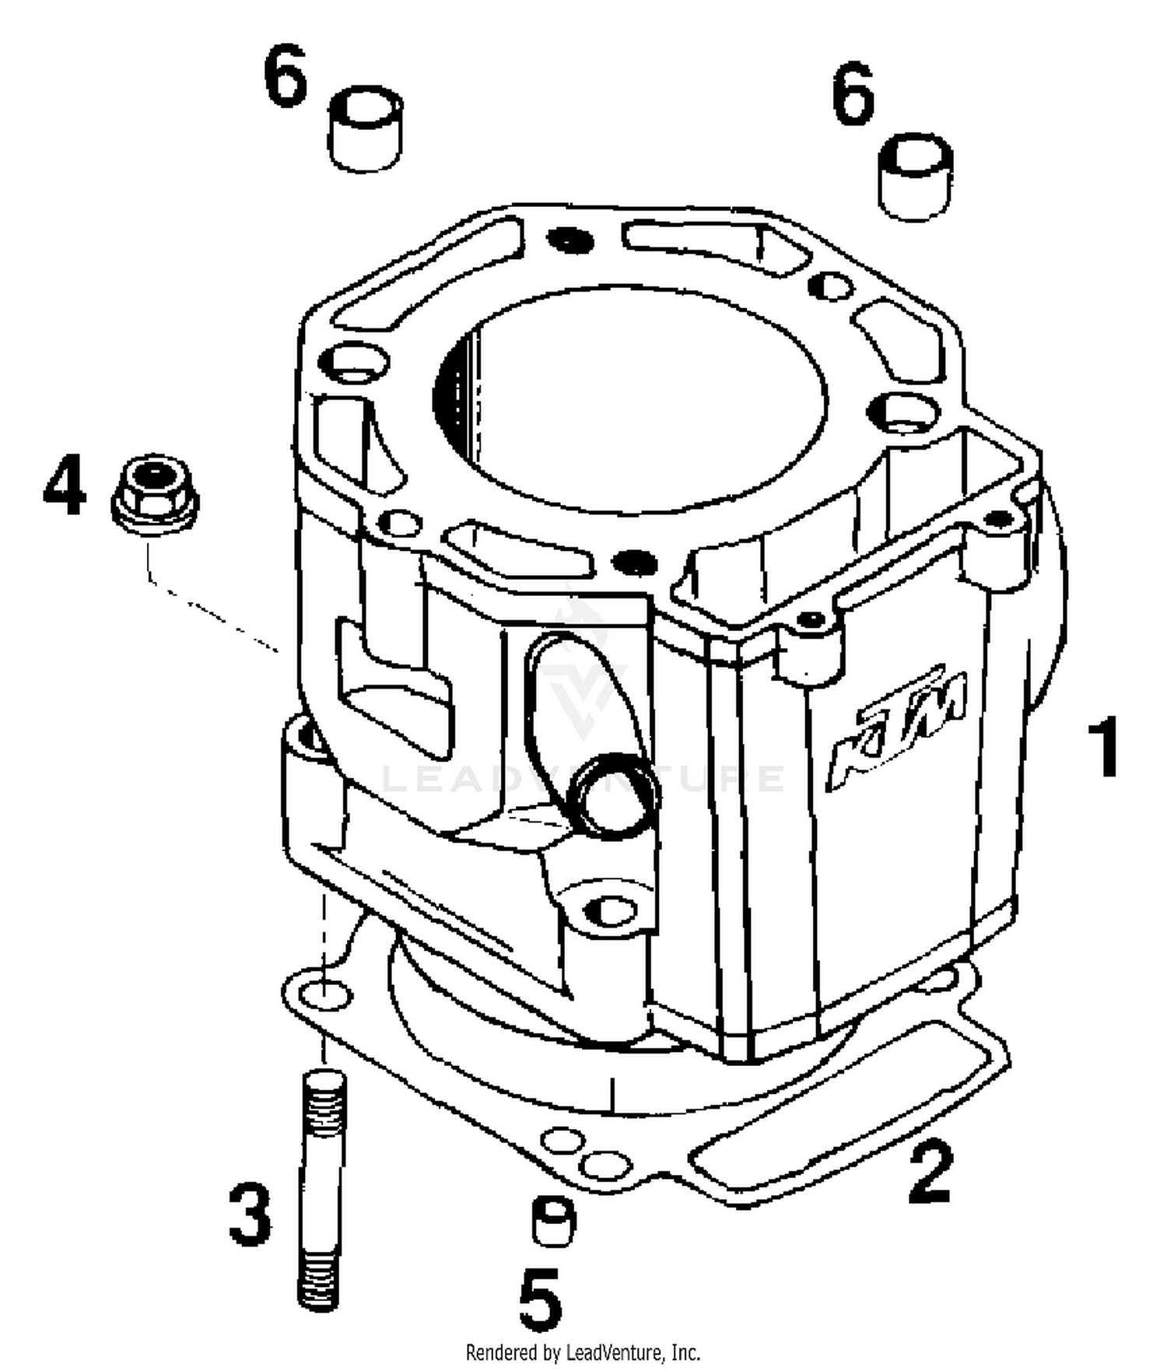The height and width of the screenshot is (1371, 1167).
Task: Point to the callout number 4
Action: coord(65,486)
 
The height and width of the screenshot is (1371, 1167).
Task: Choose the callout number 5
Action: coord(540,1299)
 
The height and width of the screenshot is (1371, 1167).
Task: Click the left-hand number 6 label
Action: coord(286,75)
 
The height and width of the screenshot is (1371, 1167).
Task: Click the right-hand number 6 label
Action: coord(853,96)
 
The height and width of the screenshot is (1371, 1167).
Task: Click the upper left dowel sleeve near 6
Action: coord(365,128)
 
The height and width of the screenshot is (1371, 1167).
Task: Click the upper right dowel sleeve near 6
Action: coord(916,177)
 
